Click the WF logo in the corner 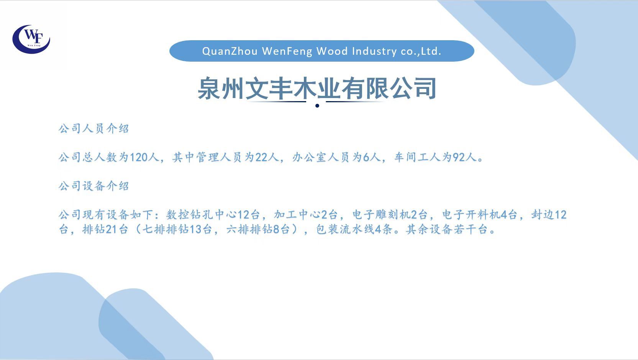[31, 39]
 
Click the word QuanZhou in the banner [230, 51]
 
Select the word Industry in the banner [374, 51]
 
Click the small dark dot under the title [317, 106]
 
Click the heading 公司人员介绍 [94, 129]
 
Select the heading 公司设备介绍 [94, 186]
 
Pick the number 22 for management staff [261, 157]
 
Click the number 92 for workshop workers [459, 157]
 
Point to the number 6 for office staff [366, 157]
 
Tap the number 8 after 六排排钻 [276, 229]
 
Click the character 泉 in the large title [209, 88]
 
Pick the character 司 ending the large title [425, 88]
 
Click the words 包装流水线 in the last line [345, 229]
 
